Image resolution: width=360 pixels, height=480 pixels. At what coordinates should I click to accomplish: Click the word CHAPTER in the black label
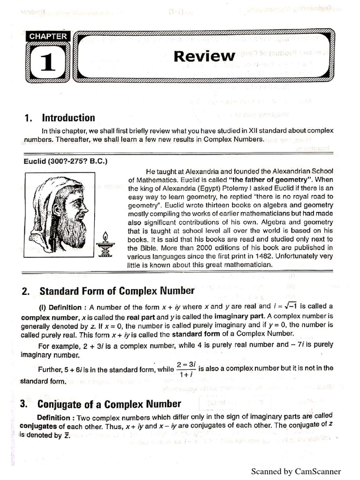point(48,36)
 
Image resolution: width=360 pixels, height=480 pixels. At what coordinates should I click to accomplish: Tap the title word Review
point(204,56)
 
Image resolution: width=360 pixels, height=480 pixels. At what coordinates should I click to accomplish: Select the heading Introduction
point(68,118)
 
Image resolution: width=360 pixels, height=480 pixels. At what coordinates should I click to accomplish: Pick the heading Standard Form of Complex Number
point(117,291)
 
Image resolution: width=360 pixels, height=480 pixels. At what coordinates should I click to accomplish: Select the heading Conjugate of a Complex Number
point(109,404)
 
